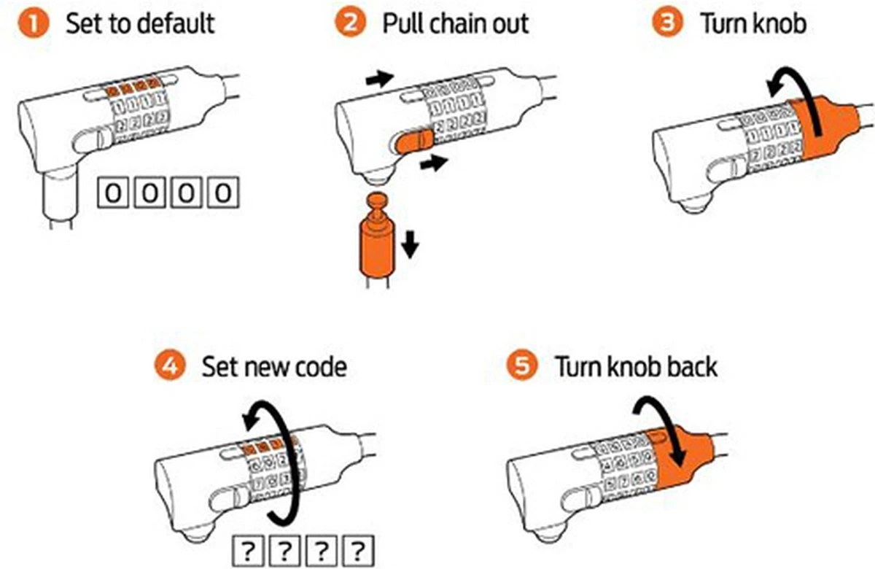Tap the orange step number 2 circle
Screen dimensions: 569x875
pos(349,23)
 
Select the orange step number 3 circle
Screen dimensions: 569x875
pos(665,23)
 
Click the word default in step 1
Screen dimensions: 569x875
pos(176,23)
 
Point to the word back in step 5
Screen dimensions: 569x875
pos(686,366)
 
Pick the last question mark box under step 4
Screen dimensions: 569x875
pos(356,549)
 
